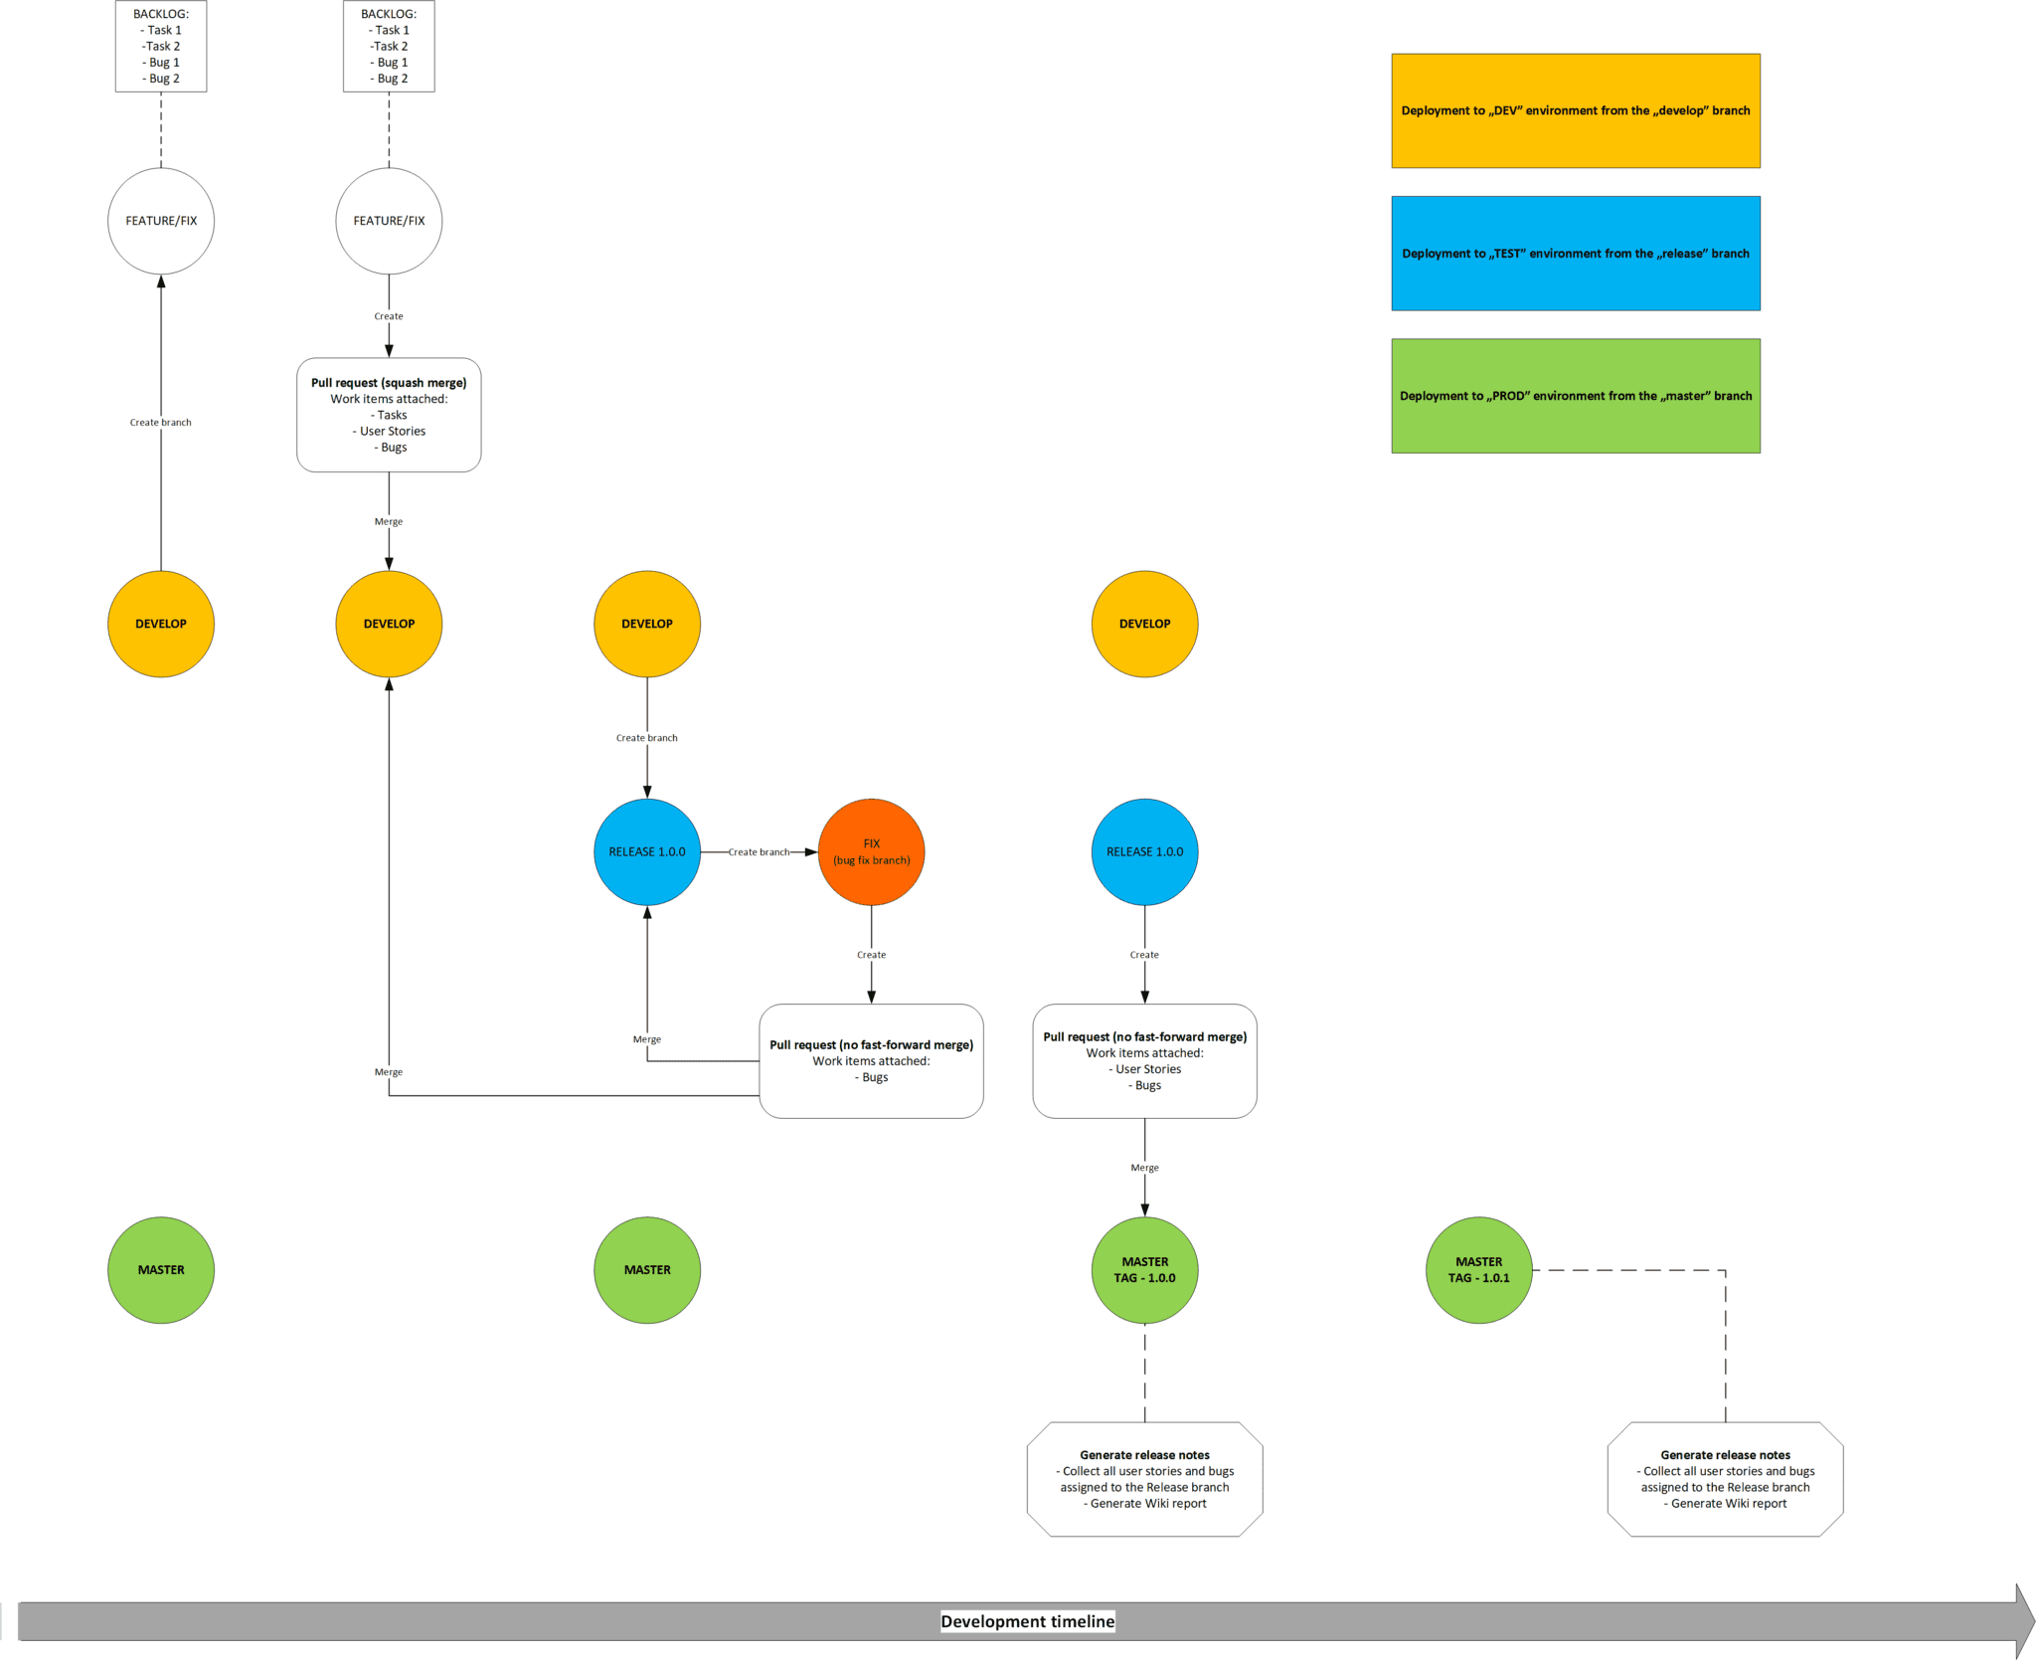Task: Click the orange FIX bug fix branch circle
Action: (871, 851)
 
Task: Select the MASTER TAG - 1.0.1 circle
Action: (1478, 1269)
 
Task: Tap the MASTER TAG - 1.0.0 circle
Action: (1144, 1269)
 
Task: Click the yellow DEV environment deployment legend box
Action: (1575, 110)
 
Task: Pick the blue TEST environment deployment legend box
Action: (1575, 253)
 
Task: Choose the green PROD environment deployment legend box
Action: (1575, 395)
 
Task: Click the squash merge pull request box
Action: (389, 415)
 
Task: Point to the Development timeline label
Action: (1027, 1620)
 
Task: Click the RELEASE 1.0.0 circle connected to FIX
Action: (647, 851)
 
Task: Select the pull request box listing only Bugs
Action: (871, 1060)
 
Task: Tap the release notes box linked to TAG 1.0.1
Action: (1725, 1478)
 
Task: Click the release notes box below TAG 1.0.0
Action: (1144, 1478)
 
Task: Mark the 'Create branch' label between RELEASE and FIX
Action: (759, 851)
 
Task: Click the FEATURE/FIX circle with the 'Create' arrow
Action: (389, 221)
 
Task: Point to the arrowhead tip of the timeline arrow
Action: (2031, 1620)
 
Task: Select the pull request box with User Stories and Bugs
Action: (1144, 1060)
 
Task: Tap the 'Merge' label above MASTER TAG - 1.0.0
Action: (1144, 1167)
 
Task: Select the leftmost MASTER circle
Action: (161, 1269)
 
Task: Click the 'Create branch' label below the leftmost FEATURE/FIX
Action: (161, 422)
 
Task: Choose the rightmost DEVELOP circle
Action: (1144, 624)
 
